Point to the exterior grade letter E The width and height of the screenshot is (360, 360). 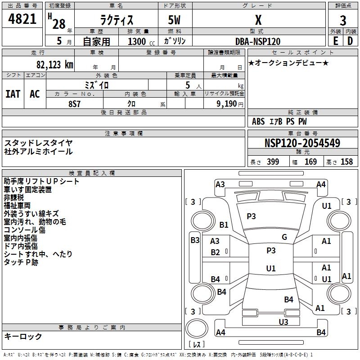point(336,41)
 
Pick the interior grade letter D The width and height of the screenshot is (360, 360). point(350,41)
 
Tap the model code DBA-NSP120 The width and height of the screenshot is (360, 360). point(258,41)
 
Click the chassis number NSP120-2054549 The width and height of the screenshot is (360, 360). point(302,143)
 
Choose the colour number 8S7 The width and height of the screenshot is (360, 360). point(75,103)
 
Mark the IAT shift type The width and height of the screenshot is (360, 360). point(13,94)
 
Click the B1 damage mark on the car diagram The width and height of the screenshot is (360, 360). point(224,225)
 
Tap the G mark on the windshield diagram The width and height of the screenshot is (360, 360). point(284,237)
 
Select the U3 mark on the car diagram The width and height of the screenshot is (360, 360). point(283,322)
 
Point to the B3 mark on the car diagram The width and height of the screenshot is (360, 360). point(195,240)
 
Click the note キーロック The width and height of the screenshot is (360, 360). point(23,336)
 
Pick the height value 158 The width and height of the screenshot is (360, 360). point(346,162)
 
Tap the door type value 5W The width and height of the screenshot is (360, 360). point(175,21)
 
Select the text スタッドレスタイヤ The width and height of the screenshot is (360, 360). point(38,143)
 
